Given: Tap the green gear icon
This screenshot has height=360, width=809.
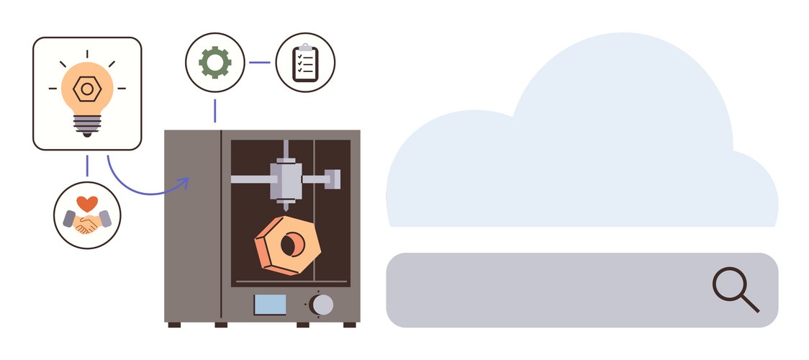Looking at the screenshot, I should point(214,63).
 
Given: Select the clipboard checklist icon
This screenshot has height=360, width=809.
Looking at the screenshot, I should point(305,63).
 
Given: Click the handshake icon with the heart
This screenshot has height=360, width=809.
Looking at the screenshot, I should point(87,217).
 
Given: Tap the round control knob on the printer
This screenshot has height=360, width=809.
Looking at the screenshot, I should point(322,304).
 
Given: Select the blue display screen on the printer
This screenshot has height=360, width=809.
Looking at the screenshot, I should point(270,304).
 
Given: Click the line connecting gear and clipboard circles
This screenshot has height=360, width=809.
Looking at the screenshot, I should point(260,63).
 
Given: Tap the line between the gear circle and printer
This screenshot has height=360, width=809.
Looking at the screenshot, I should point(214,110).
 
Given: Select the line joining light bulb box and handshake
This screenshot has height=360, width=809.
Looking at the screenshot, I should point(87,165).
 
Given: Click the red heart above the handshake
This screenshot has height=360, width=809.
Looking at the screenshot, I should point(87,204).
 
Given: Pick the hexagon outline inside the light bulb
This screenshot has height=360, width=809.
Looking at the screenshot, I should point(87,89).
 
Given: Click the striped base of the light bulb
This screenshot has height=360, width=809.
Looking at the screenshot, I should point(87,124).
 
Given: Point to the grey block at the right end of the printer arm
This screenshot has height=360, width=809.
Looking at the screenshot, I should point(333,178).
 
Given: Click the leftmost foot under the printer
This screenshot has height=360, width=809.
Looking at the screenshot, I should point(174,325).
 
